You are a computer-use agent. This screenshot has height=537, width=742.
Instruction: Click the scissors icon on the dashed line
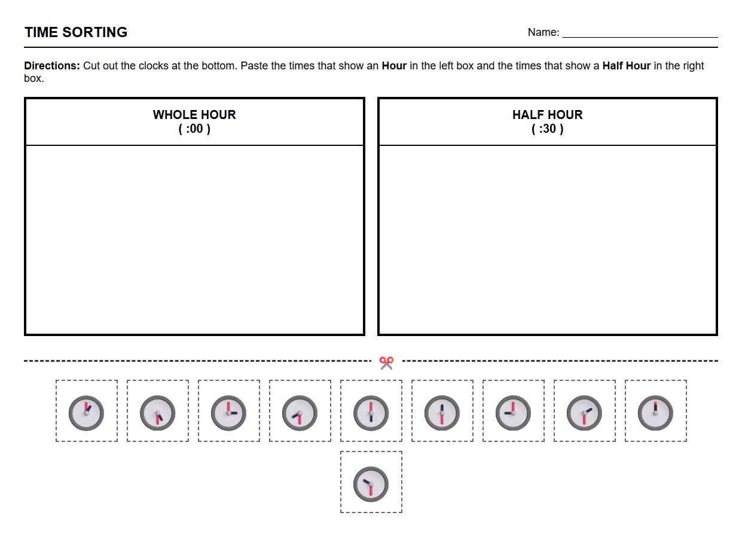click(386, 362)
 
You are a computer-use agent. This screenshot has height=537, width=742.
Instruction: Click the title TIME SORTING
click(76, 32)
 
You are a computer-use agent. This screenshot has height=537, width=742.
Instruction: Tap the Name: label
click(543, 32)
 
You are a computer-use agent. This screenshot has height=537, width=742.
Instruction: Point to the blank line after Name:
click(640, 35)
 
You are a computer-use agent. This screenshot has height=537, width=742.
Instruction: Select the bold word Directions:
click(52, 66)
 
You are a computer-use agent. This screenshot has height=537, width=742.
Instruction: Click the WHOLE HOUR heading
click(194, 115)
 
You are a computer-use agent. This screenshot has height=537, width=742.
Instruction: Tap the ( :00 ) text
click(194, 129)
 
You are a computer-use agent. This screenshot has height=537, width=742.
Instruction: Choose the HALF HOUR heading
click(547, 115)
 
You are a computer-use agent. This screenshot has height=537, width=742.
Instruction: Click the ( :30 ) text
click(547, 129)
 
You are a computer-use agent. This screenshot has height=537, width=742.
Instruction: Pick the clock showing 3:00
click(229, 413)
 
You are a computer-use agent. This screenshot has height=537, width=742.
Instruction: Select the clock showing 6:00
click(371, 413)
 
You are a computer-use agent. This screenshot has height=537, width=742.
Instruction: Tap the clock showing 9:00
click(514, 413)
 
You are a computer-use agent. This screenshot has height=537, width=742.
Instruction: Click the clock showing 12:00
click(656, 413)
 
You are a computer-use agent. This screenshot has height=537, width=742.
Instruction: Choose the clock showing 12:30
click(442, 413)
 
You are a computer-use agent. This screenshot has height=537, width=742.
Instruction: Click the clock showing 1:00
click(87, 413)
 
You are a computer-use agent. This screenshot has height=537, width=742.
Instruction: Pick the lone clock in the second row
click(371, 484)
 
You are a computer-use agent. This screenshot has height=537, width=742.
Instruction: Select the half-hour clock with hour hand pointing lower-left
click(300, 413)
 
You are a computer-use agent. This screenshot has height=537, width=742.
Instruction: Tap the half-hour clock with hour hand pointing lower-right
click(158, 413)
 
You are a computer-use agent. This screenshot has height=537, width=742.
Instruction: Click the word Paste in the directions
click(254, 66)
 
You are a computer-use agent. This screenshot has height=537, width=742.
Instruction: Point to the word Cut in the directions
click(91, 66)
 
